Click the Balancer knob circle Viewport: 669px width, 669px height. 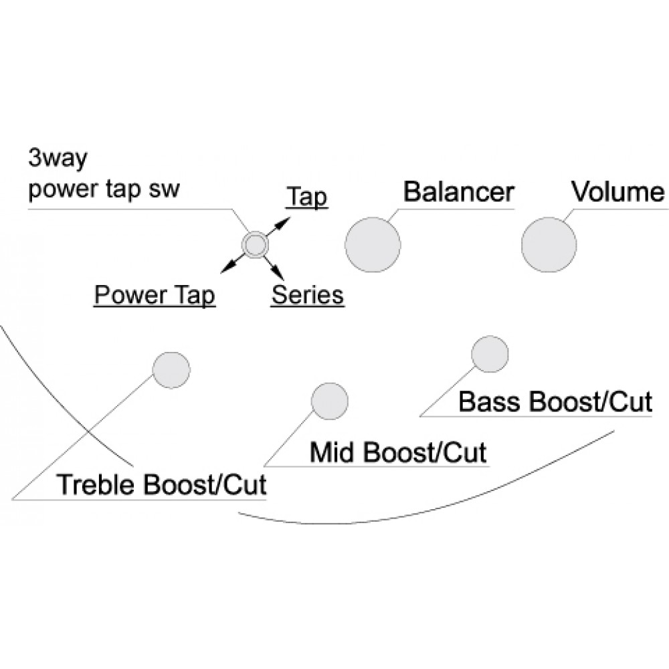click(x=373, y=245)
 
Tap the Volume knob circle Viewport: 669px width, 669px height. click(x=549, y=245)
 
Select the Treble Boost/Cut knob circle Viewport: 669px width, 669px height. click(x=171, y=369)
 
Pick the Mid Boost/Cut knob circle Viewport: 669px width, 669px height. click(x=330, y=401)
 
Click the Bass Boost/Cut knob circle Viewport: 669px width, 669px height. click(x=490, y=354)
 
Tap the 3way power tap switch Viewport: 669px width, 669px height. click(x=254, y=246)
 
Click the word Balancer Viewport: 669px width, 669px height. click(x=458, y=193)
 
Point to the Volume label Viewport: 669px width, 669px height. click(x=618, y=193)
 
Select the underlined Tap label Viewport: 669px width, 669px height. click(x=306, y=198)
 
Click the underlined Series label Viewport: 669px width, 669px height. click(x=307, y=294)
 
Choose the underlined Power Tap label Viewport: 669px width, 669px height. click(x=155, y=294)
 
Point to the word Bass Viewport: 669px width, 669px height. click(x=490, y=402)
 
